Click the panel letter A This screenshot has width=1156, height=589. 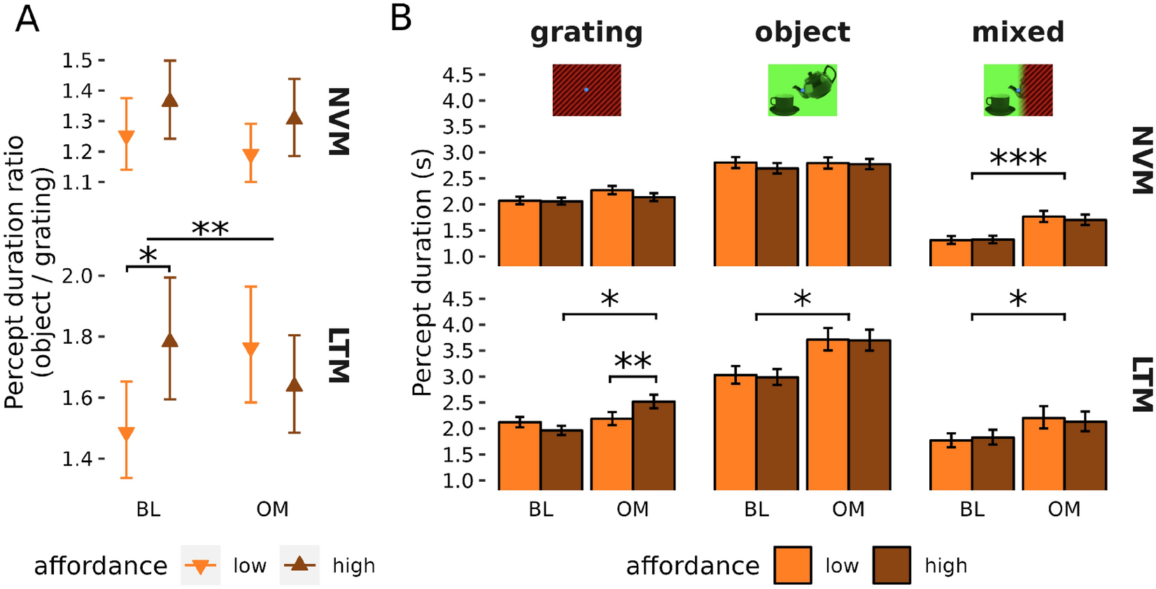pyautogui.click(x=27, y=18)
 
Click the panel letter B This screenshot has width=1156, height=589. pyautogui.click(x=401, y=18)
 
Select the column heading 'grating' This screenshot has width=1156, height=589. pyautogui.click(x=586, y=32)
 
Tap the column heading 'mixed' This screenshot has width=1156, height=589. pyautogui.click(x=1017, y=32)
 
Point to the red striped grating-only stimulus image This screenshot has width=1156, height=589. pyautogui.click(x=586, y=90)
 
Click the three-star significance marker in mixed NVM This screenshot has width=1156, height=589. pyautogui.click(x=1018, y=158)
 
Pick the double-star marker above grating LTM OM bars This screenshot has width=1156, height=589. pyautogui.click(x=633, y=362)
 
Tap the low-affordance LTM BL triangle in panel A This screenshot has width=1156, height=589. pyautogui.click(x=127, y=433)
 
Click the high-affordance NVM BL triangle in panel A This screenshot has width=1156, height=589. pyautogui.click(x=170, y=100)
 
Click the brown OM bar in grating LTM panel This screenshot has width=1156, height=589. pyautogui.click(x=654, y=445)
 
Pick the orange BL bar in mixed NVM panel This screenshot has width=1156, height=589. pyautogui.click(x=951, y=253)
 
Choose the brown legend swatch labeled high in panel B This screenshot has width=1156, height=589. pyautogui.click(x=891, y=565)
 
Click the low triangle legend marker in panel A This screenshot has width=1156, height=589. pyautogui.click(x=201, y=566)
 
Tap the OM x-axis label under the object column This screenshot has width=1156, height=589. pyautogui.click(x=848, y=509)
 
